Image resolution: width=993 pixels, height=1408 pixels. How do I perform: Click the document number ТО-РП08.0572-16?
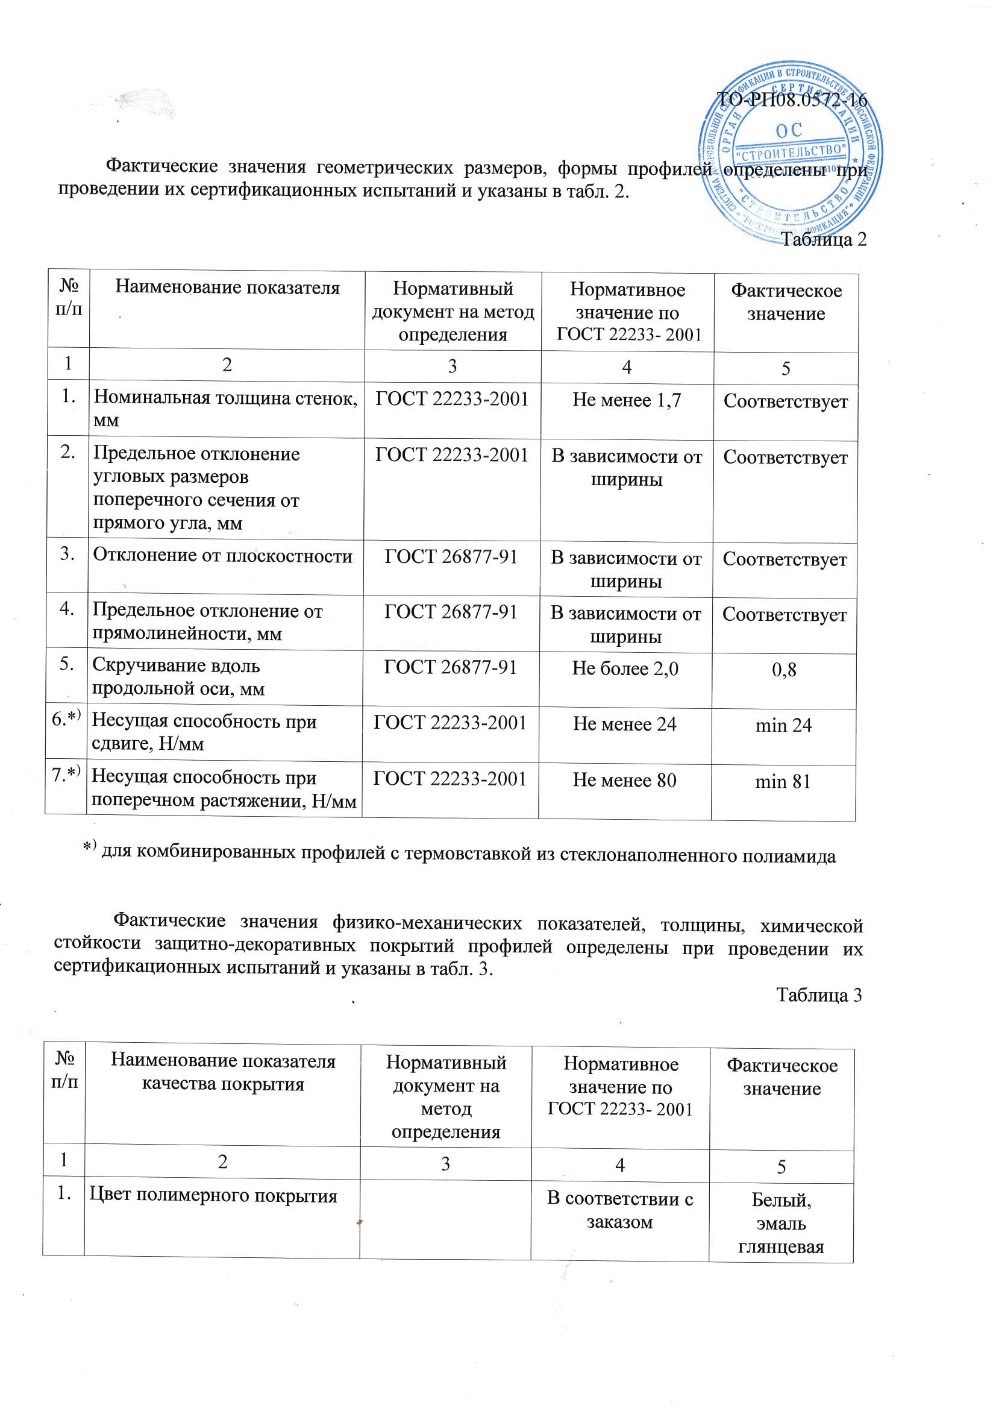[791, 99]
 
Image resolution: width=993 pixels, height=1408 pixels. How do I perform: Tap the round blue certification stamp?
[791, 153]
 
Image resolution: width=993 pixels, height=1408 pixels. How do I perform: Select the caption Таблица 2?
[824, 239]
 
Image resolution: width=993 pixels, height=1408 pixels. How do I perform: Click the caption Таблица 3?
[819, 994]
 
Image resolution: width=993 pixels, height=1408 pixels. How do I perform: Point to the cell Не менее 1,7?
[627, 400]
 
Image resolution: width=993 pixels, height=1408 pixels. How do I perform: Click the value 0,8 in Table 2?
[784, 670]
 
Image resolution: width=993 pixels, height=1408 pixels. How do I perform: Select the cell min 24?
[783, 726]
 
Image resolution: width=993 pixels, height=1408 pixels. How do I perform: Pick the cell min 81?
[783, 781]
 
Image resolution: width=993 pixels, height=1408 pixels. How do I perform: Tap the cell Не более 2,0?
[625, 668]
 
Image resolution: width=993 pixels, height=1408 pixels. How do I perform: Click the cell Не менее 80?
[625, 780]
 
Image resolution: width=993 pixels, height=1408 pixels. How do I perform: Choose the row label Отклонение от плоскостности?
[222, 556]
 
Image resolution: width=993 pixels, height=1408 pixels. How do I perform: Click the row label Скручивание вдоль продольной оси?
[178, 677]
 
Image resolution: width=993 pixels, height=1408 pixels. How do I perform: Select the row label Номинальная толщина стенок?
[225, 409]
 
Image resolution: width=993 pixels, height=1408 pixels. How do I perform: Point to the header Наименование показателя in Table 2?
[227, 288]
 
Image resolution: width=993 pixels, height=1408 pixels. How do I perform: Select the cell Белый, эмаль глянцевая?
[781, 1224]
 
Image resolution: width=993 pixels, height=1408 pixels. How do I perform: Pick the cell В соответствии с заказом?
[619, 1210]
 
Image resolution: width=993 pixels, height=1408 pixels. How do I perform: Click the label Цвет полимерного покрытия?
[213, 1195]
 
